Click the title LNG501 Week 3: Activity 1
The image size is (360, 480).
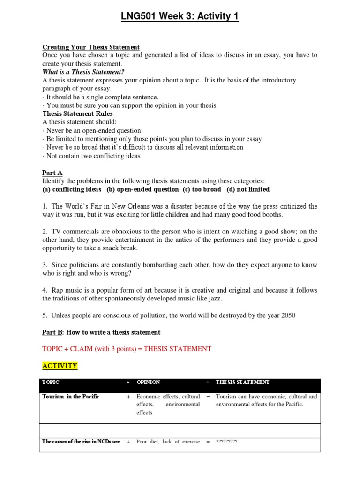click(x=180, y=17)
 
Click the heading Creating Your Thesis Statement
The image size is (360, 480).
click(x=91, y=47)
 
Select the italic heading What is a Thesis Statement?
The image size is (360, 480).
click(x=83, y=72)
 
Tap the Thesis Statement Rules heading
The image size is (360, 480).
click(x=77, y=113)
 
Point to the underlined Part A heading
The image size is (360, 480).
click(x=52, y=173)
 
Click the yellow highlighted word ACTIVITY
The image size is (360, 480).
click(x=60, y=366)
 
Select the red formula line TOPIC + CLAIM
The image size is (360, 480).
click(x=127, y=349)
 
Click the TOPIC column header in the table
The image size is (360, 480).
click(x=51, y=382)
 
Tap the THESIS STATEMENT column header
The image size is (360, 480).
click(x=242, y=382)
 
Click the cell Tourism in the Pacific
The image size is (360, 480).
click(x=71, y=397)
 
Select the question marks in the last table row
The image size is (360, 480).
click(x=226, y=442)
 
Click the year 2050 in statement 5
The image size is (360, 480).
click(x=286, y=315)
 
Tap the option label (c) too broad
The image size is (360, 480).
click(x=202, y=189)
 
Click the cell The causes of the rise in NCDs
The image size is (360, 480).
click(x=81, y=442)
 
